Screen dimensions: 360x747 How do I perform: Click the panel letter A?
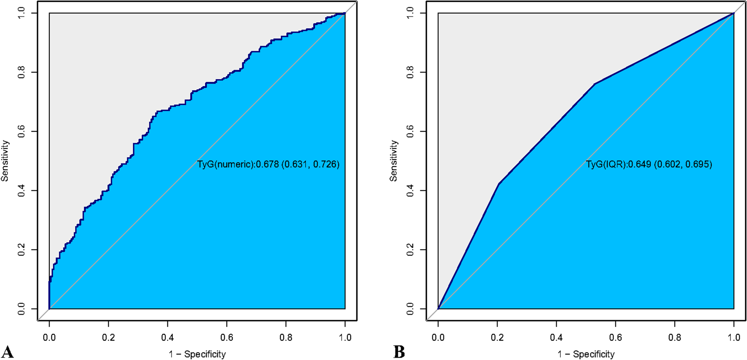point(7,351)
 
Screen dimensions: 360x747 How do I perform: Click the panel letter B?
point(399,351)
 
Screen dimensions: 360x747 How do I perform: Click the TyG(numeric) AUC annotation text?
point(268,164)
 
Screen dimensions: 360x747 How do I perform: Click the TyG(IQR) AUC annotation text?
point(649,164)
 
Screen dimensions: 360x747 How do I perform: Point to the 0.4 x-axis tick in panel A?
point(167,337)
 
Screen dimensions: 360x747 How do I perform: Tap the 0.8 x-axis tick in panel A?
point(286,337)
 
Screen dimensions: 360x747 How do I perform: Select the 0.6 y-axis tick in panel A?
point(22,131)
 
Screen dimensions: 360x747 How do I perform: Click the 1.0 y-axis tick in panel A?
point(22,13)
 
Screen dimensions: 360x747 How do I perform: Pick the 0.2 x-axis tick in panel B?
point(497,337)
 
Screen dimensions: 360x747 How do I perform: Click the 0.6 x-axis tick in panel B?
point(615,337)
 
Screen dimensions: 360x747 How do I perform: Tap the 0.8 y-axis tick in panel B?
point(410,72)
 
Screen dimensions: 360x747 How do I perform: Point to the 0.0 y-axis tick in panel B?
point(410,309)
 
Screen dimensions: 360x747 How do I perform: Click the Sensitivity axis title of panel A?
point(5,161)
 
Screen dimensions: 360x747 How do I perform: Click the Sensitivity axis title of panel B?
point(393,161)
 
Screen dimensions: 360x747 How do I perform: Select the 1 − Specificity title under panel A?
point(197,354)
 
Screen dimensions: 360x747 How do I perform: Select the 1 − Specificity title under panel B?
point(586,354)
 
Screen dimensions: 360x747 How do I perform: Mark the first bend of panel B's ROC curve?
point(499,184)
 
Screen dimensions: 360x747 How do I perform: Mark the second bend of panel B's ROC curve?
point(595,84)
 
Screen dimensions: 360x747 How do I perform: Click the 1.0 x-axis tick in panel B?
point(734,337)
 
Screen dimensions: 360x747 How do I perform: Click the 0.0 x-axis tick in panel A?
point(49,337)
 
